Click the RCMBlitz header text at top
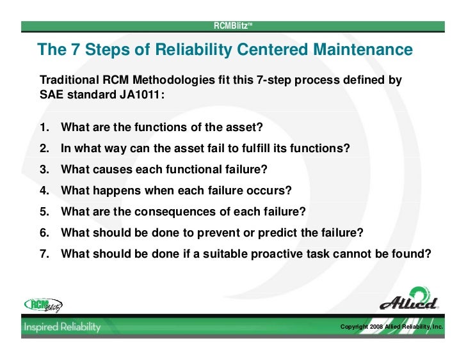click(233, 26)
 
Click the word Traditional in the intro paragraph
click(70, 81)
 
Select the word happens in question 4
click(118, 191)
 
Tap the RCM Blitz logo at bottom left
click(44, 305)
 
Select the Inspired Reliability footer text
click(63, 327)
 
